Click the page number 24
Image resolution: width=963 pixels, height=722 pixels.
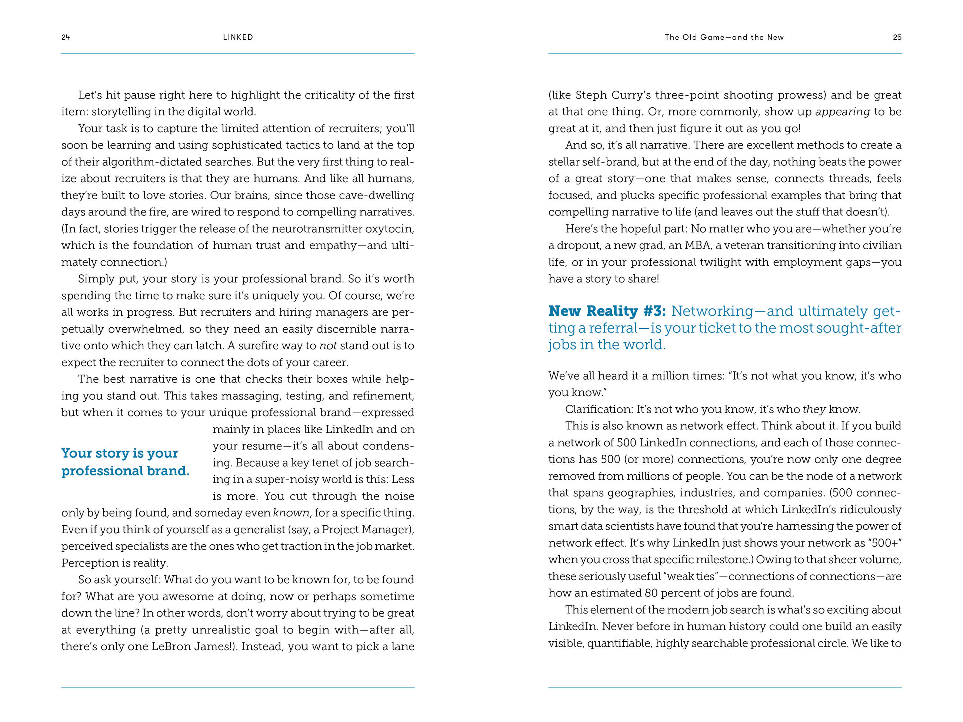(x=66, y=37)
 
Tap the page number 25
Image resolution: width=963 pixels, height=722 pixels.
(x=897, y=37)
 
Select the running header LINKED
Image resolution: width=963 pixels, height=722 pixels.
(x=238, y=37)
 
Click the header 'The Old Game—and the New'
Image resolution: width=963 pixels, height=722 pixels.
(x=724, y=37)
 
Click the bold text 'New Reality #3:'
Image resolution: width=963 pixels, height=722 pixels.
(x=607, y=311)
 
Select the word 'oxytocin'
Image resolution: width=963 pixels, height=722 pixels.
(x=389, y=229)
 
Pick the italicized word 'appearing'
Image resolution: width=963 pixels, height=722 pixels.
(x=842, y=112)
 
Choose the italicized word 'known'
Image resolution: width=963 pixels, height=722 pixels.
(x=291, y=513)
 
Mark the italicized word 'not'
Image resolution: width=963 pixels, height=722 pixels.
(x=328, y=346)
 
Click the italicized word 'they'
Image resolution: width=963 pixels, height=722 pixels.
(x=814, y=410)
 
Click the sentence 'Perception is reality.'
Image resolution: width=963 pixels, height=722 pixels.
(x=114, y=563)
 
